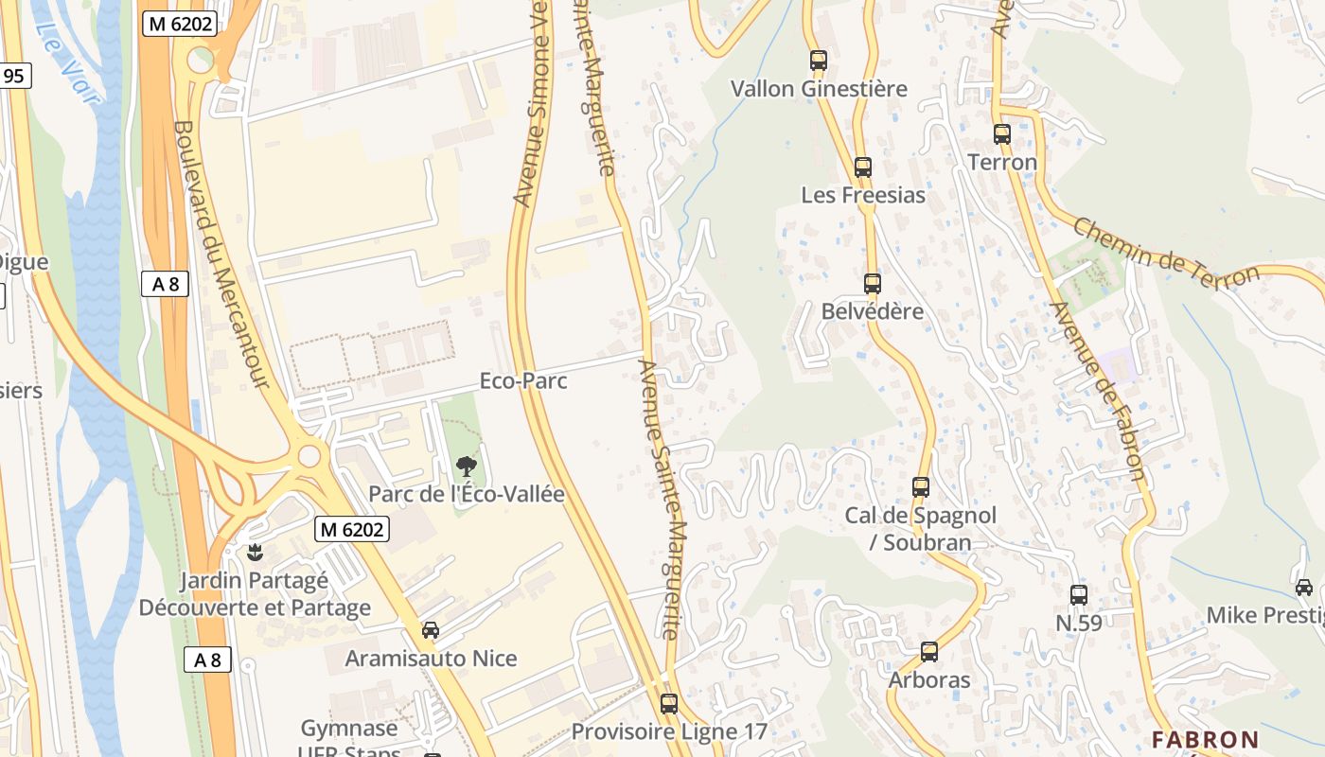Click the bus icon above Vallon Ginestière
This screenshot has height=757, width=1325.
click(x=819, y=61)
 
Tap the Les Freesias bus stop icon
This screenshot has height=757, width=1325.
click(x=862, y=167)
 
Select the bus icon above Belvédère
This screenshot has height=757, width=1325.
click(x=872, y=283)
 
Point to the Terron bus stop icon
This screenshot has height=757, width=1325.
click(x=1002, y=134)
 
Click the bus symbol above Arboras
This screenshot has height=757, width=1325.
click(x=929, y=652)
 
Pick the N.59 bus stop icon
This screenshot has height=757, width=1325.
click(x=1079, y=595)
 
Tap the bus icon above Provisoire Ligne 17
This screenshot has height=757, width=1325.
click(x=669, y=703)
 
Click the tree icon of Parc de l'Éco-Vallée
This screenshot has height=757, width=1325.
click(x=466, y=466)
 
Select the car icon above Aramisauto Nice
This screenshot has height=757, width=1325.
click(x=431, y=629)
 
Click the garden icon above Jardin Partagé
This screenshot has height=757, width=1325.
click(x=254, y=551)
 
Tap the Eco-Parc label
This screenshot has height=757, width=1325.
click(x=523, y=380)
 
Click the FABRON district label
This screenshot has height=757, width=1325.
click(x=1205, y=739)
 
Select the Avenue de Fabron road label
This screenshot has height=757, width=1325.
click(x=1098, y=391)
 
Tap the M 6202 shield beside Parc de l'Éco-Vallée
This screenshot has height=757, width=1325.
click(x=352, y=530)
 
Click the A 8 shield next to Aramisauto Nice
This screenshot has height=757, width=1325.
click(x=207, y=660)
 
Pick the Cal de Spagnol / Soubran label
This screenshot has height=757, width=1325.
click(x=920, y=528)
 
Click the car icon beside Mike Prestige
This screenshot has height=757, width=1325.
click(x=1304, y=588)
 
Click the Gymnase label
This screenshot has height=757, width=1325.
click(x=349, y=729)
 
